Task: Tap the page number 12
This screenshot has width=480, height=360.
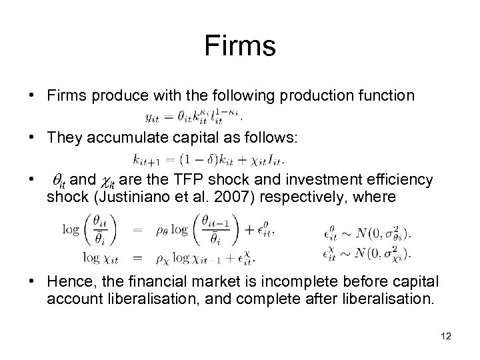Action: [446, 336]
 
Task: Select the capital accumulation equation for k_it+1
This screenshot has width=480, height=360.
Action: [209, 159]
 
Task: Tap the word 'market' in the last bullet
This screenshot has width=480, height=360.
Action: [215, 283]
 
